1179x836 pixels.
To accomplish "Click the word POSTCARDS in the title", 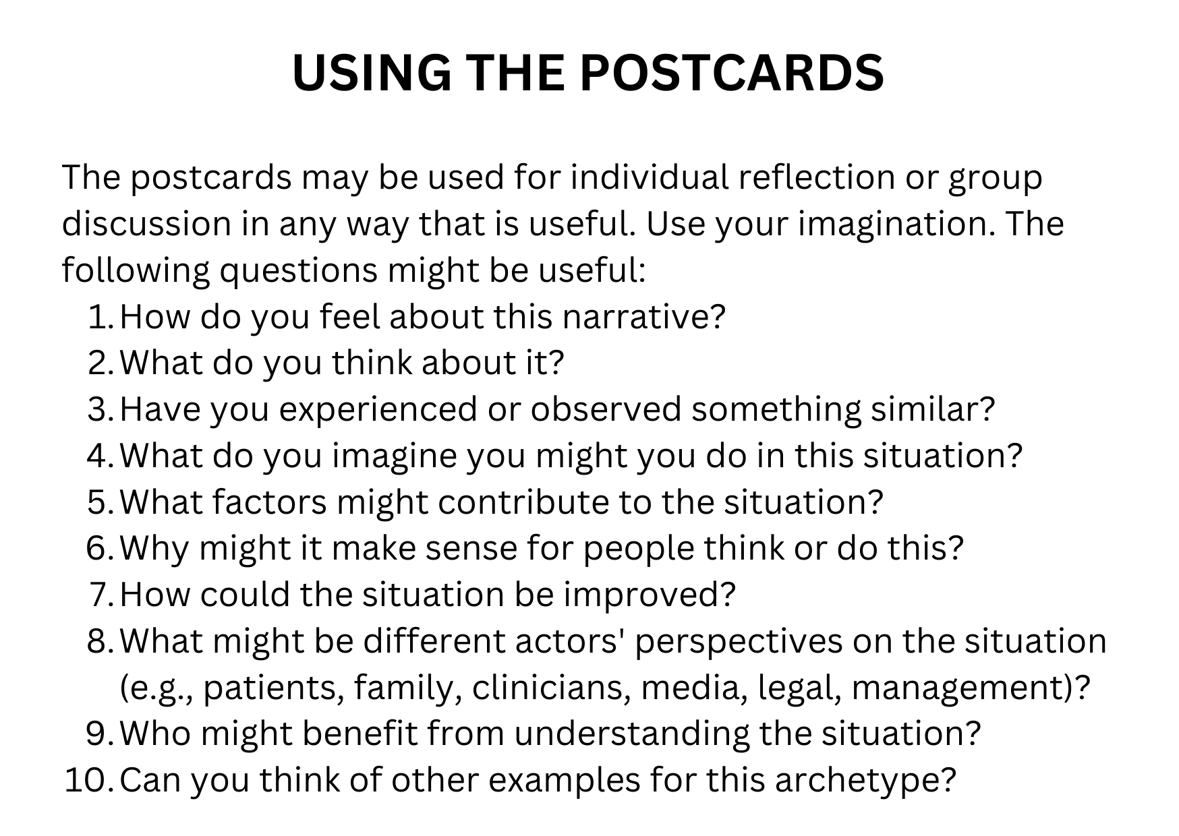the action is pyautogui.click(x=732, y=72).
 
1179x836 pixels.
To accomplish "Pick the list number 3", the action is pyautogui.click(x=100, y=410).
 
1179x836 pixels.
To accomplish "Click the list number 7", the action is pyautogui.click(x=101, y=595).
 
